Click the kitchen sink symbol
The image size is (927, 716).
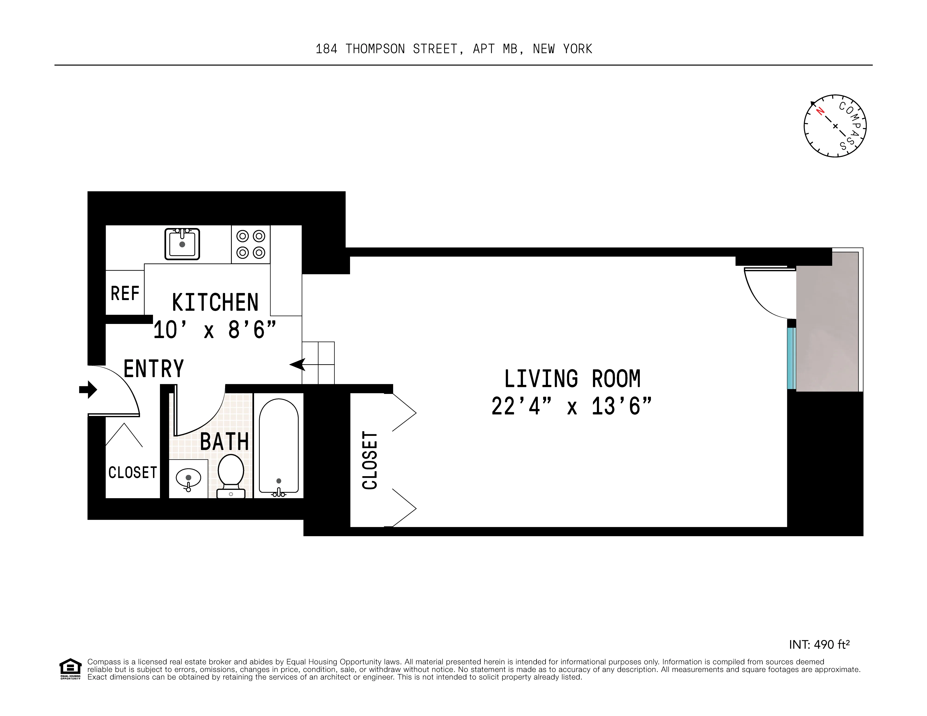pyautogui.click(x=182, y=244)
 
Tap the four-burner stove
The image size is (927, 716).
pyautogui.click(x=250, y=244)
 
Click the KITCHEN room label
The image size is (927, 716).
pyautogui.click(x=215, y=302)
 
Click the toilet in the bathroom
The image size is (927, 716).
pyautogui.click(x=231, y=475)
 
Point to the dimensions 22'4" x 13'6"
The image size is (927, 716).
pyautogui.click(x=571, y=406)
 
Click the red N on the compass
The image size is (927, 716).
pyautogui.click(x=820, y=111)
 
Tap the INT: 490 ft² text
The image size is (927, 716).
pyautogui.click(x=819, y=645)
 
